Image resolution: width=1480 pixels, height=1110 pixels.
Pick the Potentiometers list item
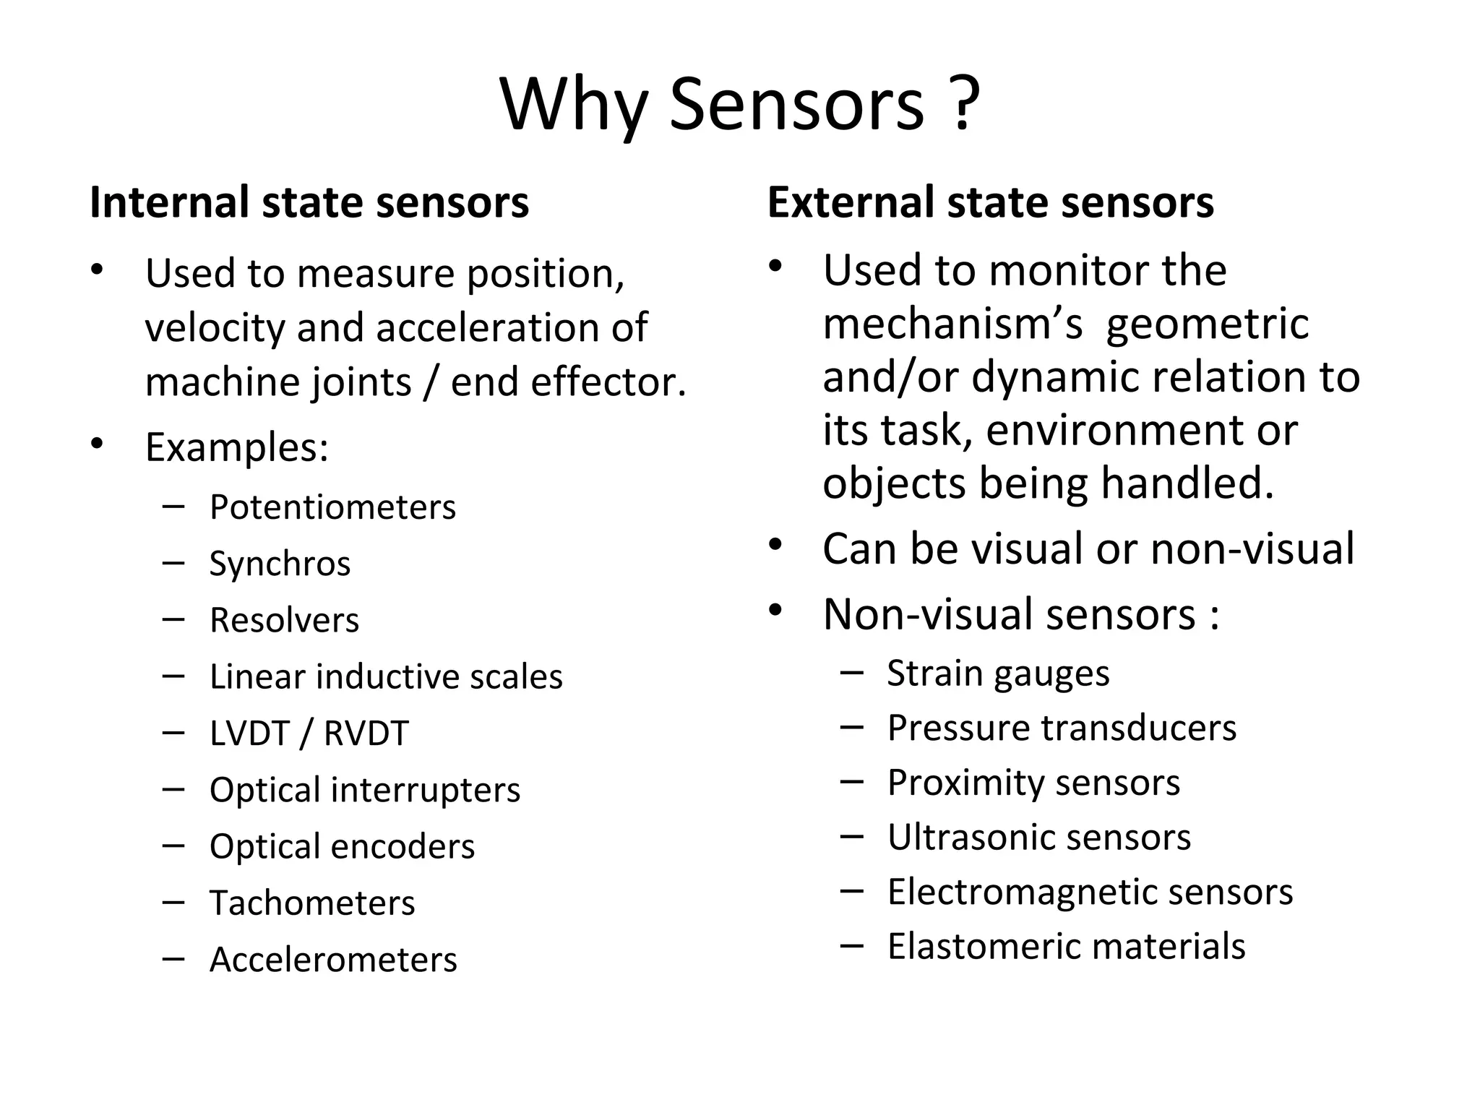pos(332,507)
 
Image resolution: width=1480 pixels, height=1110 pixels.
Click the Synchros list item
pos(280,564)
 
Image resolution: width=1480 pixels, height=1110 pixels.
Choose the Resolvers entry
pos(284,620)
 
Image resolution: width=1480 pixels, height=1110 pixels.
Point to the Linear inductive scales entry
pos(386,677)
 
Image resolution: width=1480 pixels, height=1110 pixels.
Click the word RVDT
pos(366,733)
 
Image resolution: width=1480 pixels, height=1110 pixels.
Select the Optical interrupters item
pos(365,790)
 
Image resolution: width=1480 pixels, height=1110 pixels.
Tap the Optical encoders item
pos(342,846)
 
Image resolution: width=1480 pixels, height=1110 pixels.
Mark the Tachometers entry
pos(312,903)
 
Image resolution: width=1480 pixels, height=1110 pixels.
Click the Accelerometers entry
pos(333,960)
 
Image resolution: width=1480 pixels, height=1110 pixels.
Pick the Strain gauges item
pos(998,674)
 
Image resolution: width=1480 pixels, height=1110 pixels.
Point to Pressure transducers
pos(1062,728)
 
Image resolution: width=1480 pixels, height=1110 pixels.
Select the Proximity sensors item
pos(1033,783)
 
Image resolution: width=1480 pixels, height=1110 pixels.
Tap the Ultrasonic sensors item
pos(1039,838)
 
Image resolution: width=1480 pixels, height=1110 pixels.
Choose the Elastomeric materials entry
pos(1066,947)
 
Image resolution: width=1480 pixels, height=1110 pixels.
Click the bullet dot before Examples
pos(97,443)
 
